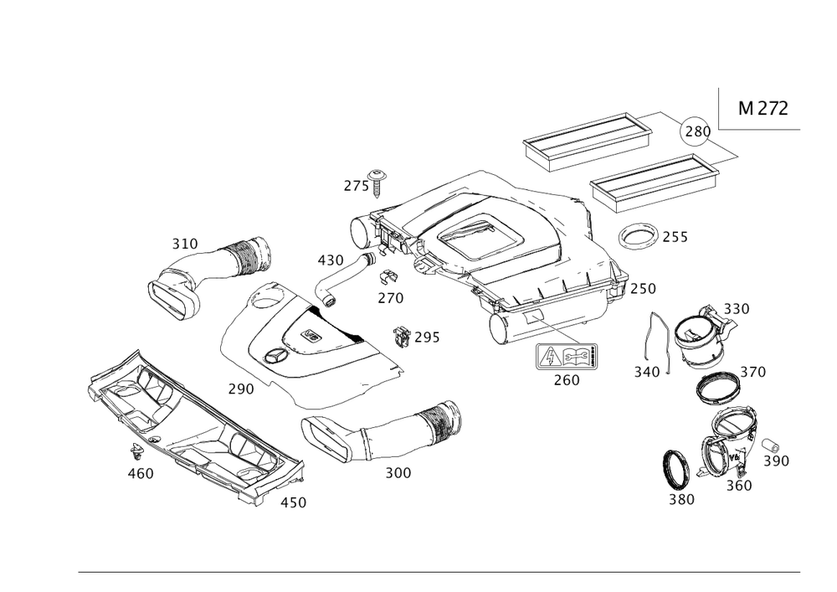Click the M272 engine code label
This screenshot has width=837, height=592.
coord(763,109)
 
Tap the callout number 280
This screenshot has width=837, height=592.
coord(697,131)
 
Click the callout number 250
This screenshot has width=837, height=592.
coord(643,288)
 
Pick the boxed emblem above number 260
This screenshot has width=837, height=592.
coord(567,358)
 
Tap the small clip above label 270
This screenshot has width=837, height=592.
coord(388,276)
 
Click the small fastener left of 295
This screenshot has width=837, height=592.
coord(403,335)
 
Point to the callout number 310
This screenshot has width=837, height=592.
coord(184,244)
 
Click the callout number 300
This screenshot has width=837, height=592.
coord(398,473)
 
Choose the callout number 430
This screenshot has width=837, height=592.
coord(331,260)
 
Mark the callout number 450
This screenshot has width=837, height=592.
coord(293,502)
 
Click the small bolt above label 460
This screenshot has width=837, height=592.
coord(135,453)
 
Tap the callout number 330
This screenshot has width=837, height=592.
coord(737,309)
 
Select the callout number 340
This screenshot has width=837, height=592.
coord(648,369)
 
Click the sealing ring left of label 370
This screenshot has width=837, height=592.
coord(716,387)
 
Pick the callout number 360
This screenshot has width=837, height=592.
coord(738,485)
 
